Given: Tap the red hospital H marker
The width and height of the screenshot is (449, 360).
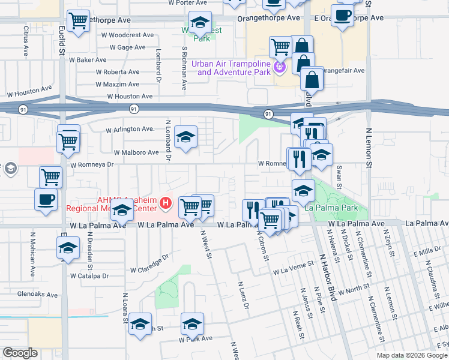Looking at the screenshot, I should [x=166, y=205].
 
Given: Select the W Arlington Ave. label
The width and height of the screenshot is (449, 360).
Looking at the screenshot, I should [x=130, y=129].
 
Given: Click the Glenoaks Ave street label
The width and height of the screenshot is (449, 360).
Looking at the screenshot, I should [x=37, y=295].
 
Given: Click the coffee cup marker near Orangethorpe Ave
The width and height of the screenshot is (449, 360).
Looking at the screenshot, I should [x=343, y=16].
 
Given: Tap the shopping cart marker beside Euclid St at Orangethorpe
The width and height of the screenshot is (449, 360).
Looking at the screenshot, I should [x=79, y=22].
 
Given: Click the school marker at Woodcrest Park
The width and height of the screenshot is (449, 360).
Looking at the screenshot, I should [x=200, y=23].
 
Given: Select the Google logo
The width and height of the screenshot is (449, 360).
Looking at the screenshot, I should [x=20, y=353].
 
